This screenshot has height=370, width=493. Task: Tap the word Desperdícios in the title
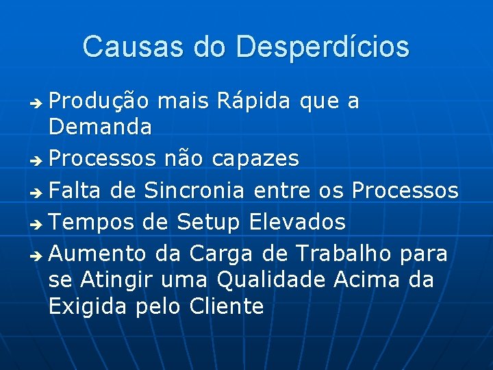tap(322, 47)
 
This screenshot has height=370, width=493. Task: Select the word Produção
tap(99, 101)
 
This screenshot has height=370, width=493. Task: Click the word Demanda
tap(100, 126)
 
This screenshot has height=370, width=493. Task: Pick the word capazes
tap(255, 159)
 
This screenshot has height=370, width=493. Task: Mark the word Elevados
tap(297, 222)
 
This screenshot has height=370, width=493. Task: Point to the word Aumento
tap(98, 254)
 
